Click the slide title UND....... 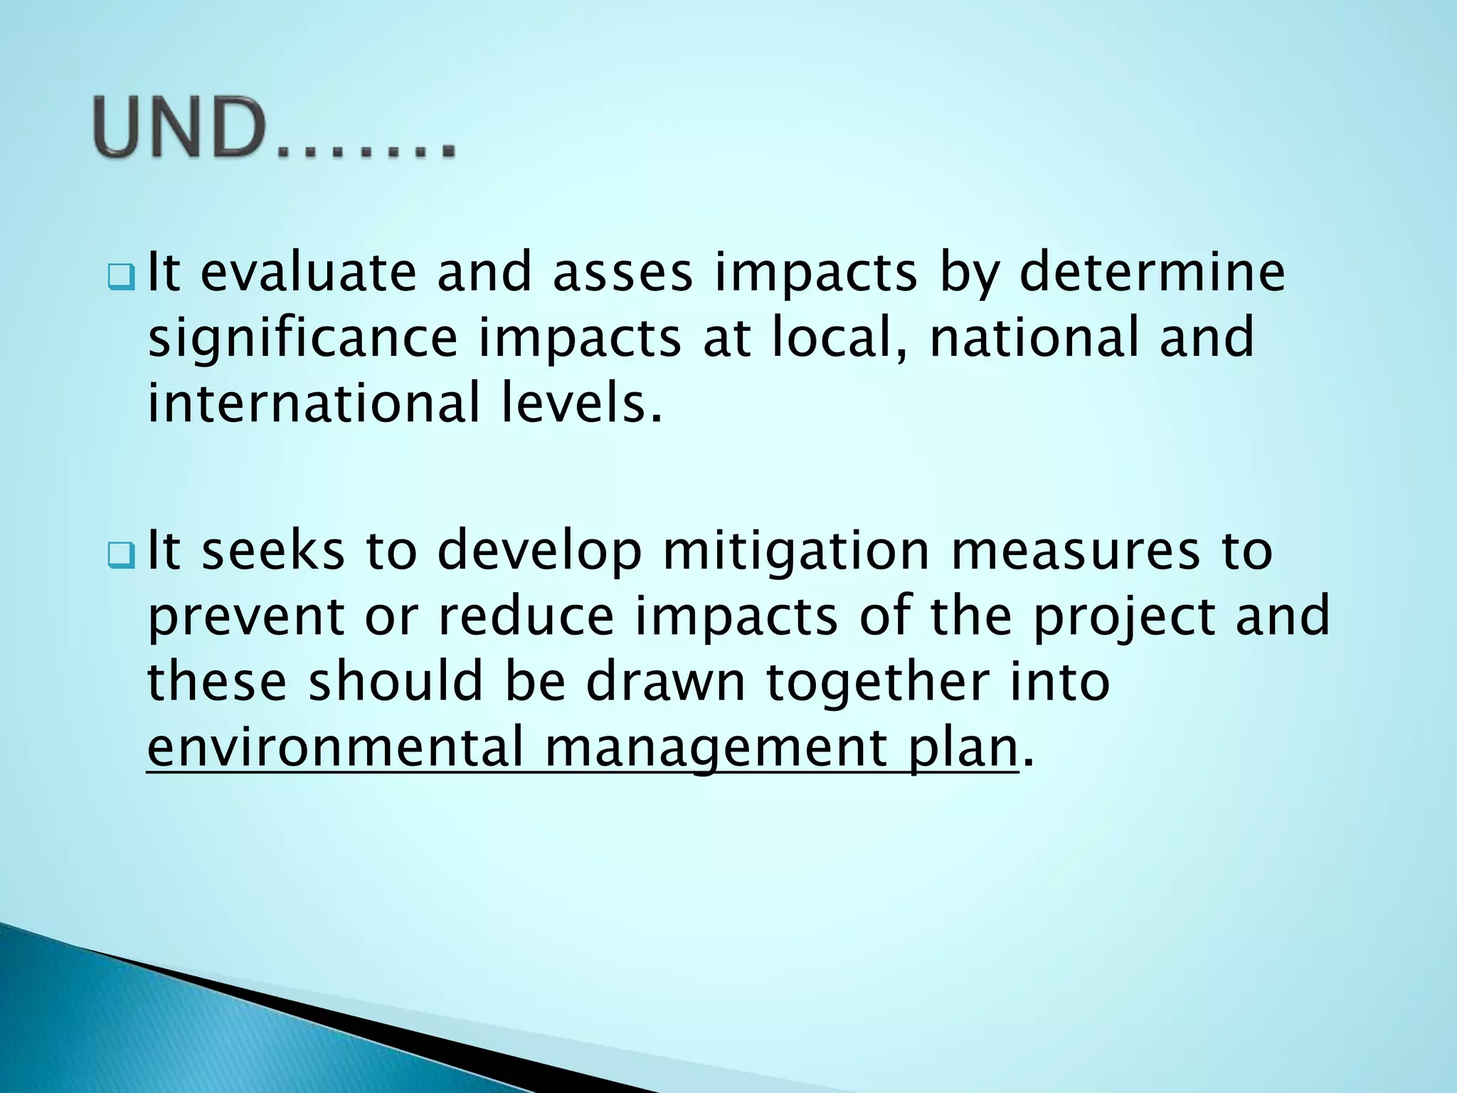(x=274, y=129)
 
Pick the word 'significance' (x=302, y=339)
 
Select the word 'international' (x=314, y=403)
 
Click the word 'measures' (x=1076, y=550)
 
